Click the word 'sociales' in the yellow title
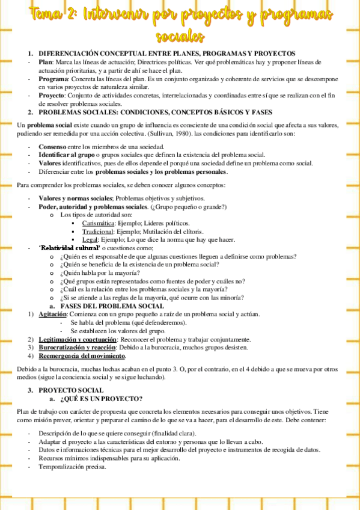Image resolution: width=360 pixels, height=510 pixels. pyautogui.click(x=180, y=37)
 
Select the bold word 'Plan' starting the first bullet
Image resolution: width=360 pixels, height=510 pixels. pyautogui.click(x=46, y=62)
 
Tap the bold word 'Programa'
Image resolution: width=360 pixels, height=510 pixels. pyautogui.click(x=53, y=79)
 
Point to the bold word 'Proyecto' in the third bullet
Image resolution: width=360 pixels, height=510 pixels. pyautogui.click(x=52, y=96)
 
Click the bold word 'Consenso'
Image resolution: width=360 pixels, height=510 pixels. pyautogui.click(x=53, y=147)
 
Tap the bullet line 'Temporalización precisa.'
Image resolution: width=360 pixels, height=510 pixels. pyautogui.click(x=72, y=467)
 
